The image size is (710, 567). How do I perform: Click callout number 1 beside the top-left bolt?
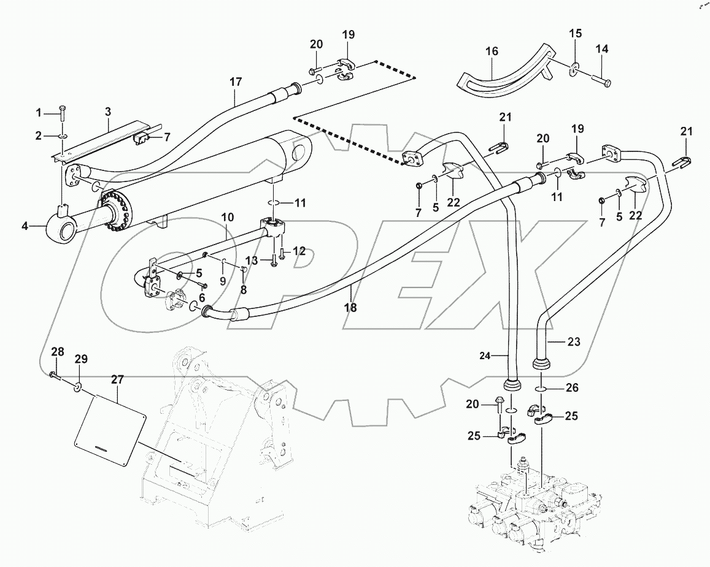point(38,112)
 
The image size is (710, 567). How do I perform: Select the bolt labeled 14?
point(600,77)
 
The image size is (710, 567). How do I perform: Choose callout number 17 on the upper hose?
point(236,82)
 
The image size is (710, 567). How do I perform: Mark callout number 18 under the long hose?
point(350,308)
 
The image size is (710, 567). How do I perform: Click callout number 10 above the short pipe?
point(228,217)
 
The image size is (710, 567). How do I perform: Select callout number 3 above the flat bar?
point(108,112)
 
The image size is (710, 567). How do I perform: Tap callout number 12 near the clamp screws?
point(299,251)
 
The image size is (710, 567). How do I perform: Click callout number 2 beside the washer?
point(38,136)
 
